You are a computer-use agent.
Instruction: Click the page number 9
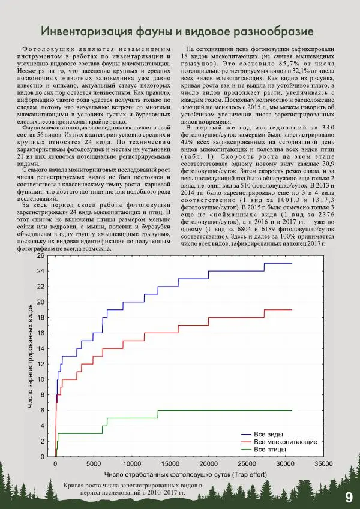[x=349, y=497]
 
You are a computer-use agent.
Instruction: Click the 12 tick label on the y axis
[x=40, y=364]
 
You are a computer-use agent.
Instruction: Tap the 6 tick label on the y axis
[x=42, y=410]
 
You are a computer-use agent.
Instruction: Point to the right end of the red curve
[x=292, y=309]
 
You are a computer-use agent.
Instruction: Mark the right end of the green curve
[x=292, y=410]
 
